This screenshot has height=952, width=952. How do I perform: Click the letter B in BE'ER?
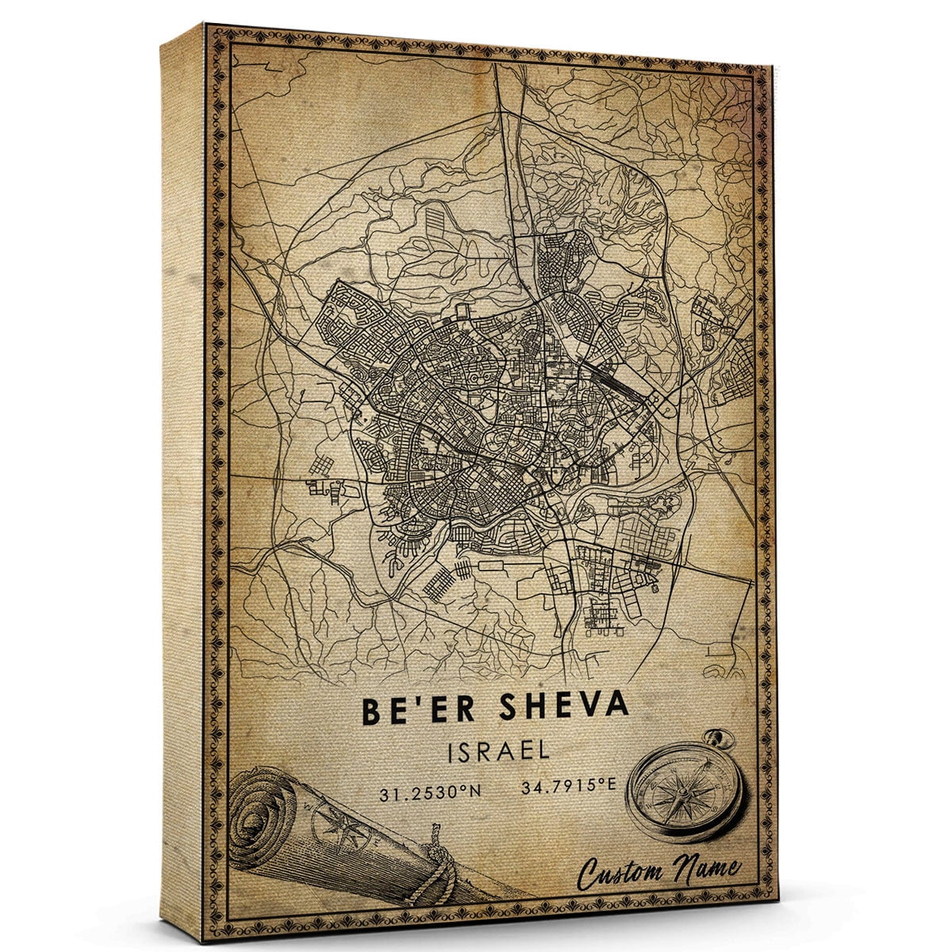coord(373,710)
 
